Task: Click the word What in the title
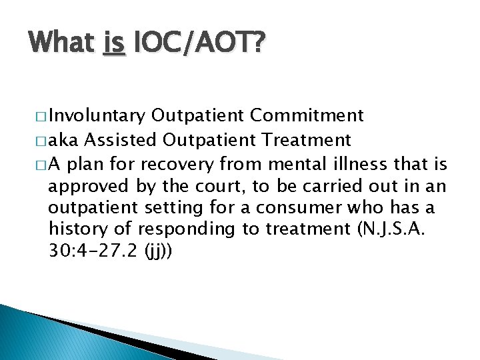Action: pyautogui.click(x=61, y=45)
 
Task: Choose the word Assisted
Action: pyautogui.click(x=120, y=140)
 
